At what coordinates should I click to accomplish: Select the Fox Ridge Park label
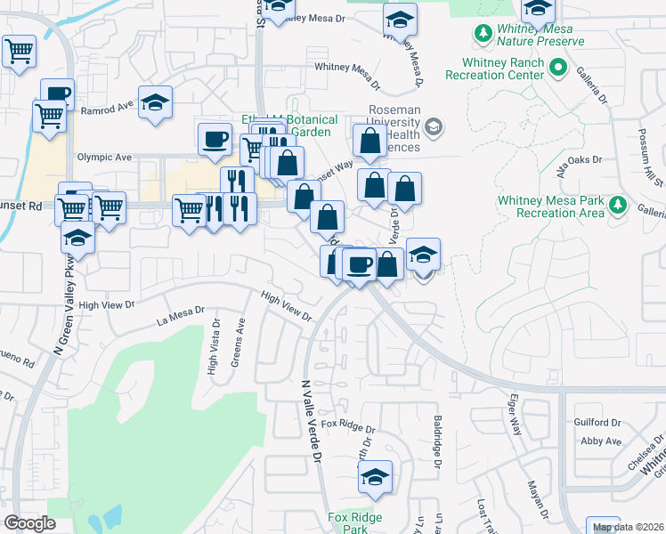pyautogui.click(x=354, y=522)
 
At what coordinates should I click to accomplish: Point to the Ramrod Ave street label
pyautogui.click(x=106, y=110)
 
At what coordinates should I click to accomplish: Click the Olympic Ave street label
pyautogui.click(x=103, y=158)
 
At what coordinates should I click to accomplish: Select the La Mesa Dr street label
pyautogui.click(x=180, y=315)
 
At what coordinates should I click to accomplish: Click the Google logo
pyautogui.click(x=29, y=523)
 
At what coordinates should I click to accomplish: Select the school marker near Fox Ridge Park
pyautogui.click(x=375, y=477)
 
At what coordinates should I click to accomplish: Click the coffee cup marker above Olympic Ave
pyautogui.click(x=215, y=138)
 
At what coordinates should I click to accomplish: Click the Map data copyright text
pyautogui.click(x=629, y=527)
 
